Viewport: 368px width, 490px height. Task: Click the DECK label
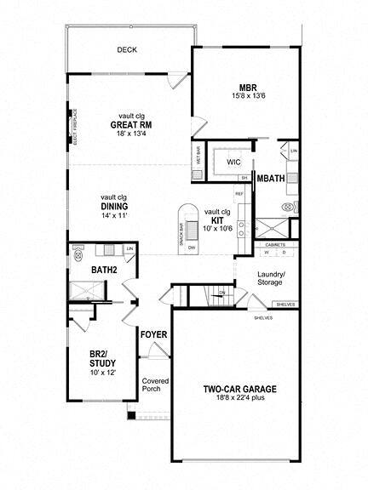coord(127,50)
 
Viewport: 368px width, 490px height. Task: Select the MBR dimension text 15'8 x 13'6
coord(249,95)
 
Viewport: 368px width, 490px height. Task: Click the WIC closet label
coord(233,162)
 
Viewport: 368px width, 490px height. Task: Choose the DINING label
coord(115,206)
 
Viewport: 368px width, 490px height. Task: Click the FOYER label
coord(154,333)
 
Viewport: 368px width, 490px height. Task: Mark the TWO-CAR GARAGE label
coord(239,390)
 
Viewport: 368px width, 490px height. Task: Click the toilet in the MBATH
coord(287,207)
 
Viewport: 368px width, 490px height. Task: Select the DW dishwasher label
coord(193,247)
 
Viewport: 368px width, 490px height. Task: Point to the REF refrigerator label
coord(239,193)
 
